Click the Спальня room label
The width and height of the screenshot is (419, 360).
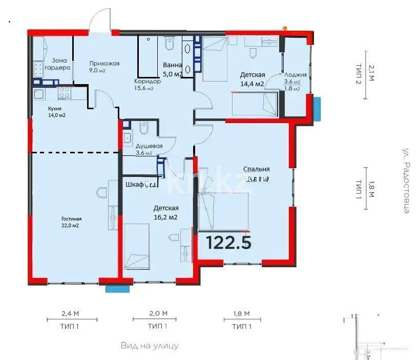click(257, 169)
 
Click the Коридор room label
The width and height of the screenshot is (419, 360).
click(147, 81)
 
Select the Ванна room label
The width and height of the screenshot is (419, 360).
click(172, 65)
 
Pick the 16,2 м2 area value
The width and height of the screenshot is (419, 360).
click(166, 217)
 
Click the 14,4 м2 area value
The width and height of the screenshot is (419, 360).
click(252, 84)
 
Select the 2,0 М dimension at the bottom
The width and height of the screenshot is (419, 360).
click(151, 313)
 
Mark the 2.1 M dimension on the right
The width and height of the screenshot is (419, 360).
click(371, 72)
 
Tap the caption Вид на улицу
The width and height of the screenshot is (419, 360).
click(150, 346)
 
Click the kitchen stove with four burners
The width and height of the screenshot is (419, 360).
click(65, 93)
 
